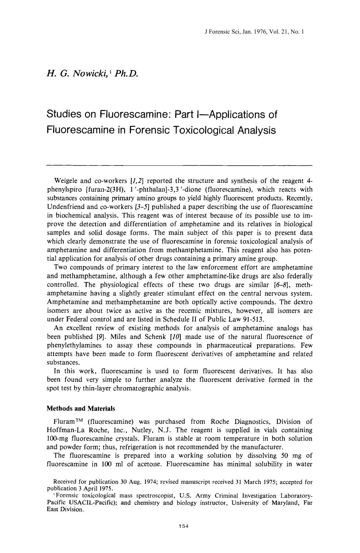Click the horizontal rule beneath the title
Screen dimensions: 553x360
click(x=180, y=165)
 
